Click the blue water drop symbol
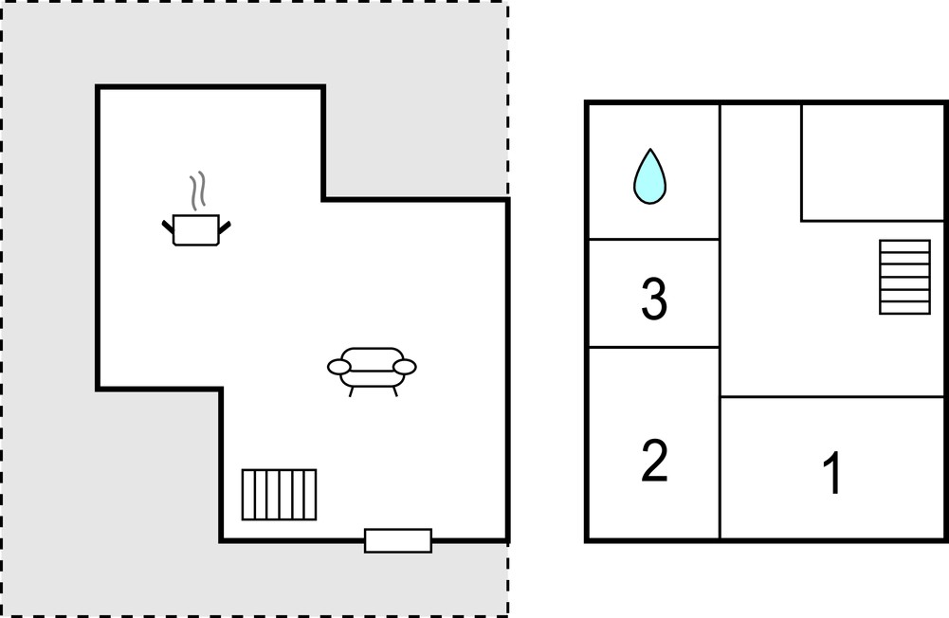[650, 177]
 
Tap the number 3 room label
[653, 298]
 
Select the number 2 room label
[654, 461]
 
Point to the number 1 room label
[832, 472]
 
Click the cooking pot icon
[196, 230]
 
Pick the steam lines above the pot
[198, 191]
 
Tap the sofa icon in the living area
[372, 371]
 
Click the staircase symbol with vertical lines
[279, 495]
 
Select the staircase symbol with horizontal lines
[904, 277]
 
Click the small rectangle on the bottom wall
[398, 540]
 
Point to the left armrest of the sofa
[339, 367]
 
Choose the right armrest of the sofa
[405, 367]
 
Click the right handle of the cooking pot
[225, 227]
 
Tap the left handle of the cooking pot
[168, 227]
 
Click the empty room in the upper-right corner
[873, 162]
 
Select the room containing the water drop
[654, 172]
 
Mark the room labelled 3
[654, 294]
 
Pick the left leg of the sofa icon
[351, 391]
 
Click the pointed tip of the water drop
[650, 150]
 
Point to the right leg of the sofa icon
[395, 391]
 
